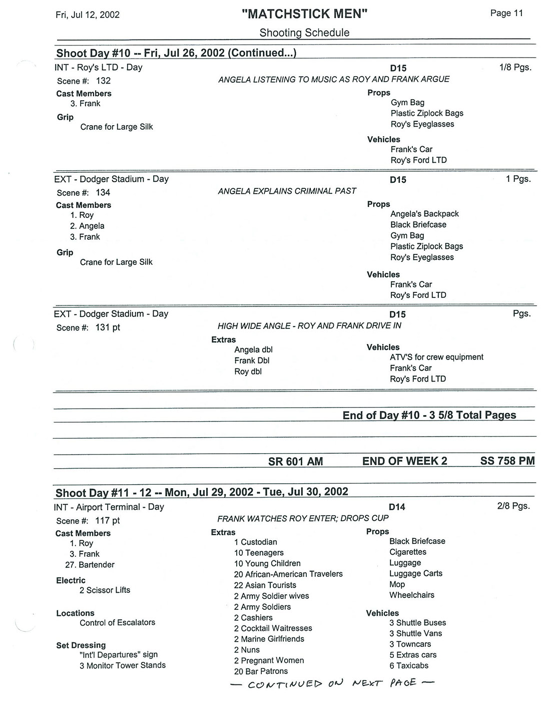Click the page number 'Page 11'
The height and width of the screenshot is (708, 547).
506,13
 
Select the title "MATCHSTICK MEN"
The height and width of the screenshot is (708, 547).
304,14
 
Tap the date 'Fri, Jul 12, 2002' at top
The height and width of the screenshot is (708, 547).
88,15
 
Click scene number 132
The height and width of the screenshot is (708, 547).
103,81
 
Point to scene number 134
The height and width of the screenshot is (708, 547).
103,192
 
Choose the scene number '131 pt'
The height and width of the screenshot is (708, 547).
108,327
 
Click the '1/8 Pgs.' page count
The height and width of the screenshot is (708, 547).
515,67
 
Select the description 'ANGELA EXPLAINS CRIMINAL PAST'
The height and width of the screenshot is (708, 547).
287,191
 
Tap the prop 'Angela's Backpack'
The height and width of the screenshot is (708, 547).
424,214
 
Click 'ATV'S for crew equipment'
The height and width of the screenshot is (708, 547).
436,357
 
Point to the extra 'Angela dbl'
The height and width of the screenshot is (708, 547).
253,349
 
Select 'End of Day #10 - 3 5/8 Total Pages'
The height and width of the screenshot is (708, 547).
429,415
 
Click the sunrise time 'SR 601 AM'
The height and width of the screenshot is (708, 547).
295,462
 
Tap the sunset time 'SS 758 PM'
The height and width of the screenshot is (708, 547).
507,461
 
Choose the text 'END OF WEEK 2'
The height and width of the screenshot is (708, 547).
404,461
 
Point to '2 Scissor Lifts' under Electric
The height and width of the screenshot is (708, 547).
105,590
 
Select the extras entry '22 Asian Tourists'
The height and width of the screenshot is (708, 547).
265,585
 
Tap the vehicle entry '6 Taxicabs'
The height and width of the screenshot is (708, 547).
409,665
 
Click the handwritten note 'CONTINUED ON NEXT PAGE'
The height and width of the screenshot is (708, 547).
332,683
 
